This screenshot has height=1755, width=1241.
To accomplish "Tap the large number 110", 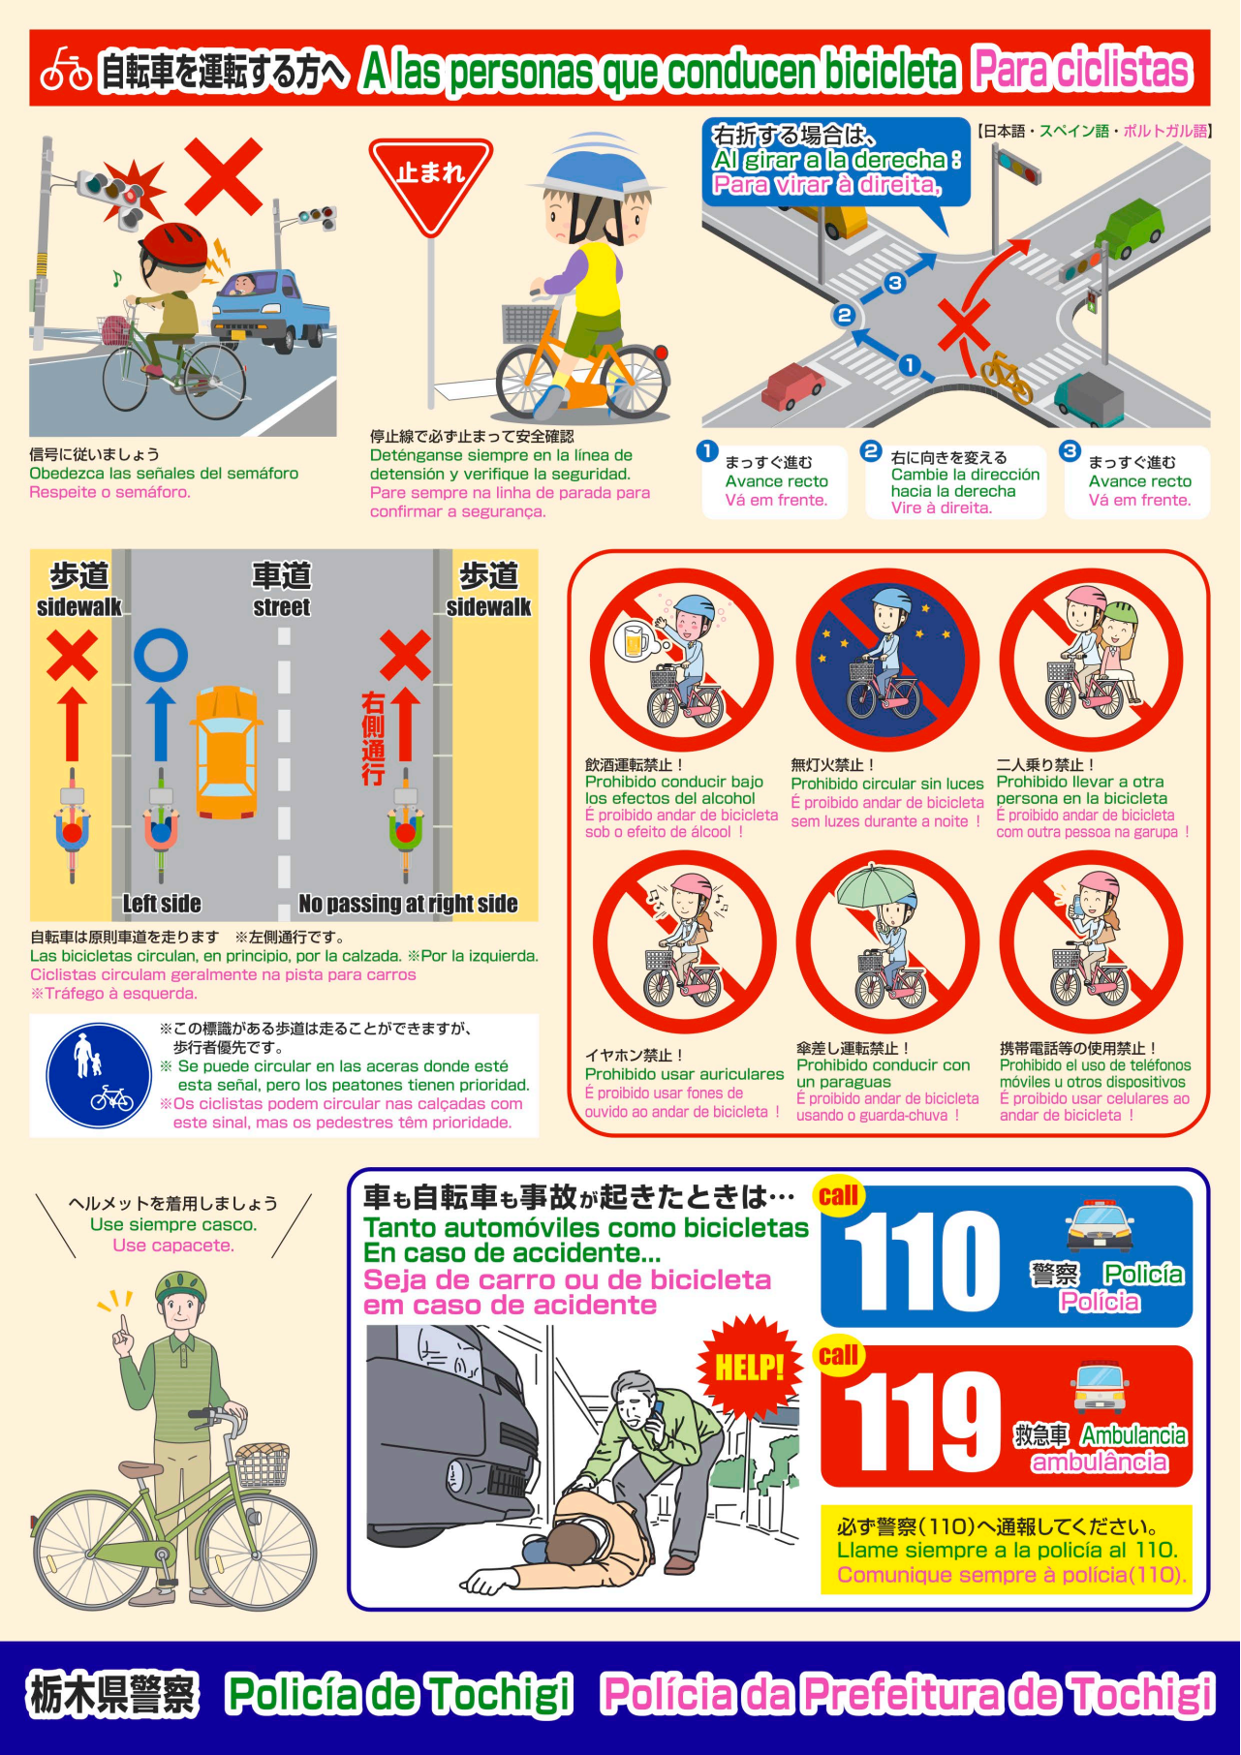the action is point(921,1261).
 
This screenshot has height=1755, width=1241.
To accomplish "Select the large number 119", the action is point(921,1422).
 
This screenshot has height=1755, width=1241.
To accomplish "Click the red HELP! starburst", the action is point(749,1367).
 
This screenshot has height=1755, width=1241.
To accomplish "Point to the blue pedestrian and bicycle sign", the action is point(99,1076).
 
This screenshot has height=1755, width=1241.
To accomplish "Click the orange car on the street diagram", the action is point(226,752).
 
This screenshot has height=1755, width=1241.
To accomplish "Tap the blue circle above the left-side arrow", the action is point(161,655).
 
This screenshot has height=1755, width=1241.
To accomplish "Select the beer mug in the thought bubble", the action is point(636,642).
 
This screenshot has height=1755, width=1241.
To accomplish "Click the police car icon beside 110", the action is point(1100,1226).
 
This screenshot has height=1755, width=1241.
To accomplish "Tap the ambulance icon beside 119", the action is point(1100,1387).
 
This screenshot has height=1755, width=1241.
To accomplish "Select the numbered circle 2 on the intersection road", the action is point(844,315).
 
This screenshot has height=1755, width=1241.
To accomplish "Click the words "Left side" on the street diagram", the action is point(162,904).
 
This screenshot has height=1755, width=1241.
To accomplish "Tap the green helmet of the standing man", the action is point(181,1287).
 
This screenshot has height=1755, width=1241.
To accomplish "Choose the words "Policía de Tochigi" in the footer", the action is point(399,1694).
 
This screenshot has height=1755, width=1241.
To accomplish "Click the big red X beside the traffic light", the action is point(224,176).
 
